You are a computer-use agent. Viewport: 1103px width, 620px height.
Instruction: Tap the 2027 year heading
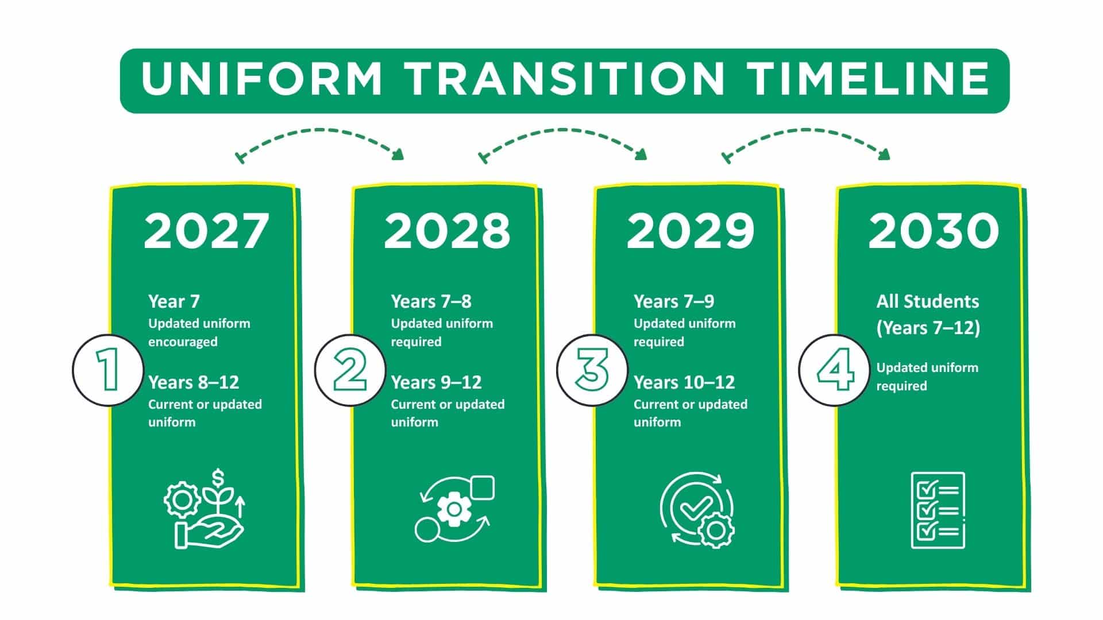pyautogui.click(x=206, y=231)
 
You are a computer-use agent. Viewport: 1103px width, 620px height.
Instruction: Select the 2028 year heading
pyautogui.click(x=447, y=231)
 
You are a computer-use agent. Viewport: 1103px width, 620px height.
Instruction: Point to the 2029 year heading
pyautogui.click(x=690, y=231)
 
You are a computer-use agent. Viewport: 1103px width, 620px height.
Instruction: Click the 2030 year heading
pyautogui.click(x=934, y=231)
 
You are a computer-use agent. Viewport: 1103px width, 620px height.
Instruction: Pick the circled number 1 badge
pyautogui.click(x=108, y=370)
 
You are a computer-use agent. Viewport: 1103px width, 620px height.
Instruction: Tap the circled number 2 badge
pyautogui.click(x=350, y=370)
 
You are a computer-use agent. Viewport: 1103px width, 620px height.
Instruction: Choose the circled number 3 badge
pyautogui.click(x=592, y=370)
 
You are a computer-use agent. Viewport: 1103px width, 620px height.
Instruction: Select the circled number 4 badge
pyautogui.click(x=835, y=370)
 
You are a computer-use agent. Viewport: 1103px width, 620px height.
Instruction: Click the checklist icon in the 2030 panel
pyautogui.click(x=938, y=510)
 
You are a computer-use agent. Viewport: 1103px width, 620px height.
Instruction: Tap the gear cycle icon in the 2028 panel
pyautogui.click(x=454, y=509)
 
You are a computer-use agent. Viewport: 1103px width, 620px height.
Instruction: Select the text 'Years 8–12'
pyautogui.click(x=194, y=382)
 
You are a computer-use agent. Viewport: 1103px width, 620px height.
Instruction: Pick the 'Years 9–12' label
pyautogui.click(x=436, y=382)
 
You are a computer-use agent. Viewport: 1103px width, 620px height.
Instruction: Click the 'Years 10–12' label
pyautogui.click(x=684, y=382)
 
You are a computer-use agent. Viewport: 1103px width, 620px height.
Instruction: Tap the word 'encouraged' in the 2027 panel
pyautogui.click(x=183, y=342)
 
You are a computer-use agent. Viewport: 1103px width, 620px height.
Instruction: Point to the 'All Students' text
pyautogui.click(x=928, y=301)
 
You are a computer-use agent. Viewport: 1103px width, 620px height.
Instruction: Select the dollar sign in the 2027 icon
pyautogui.click(x=218, y=478)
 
